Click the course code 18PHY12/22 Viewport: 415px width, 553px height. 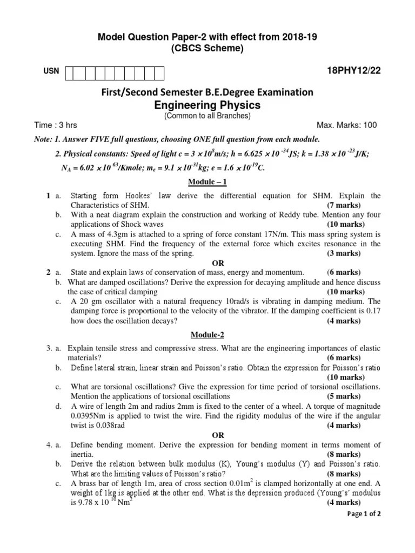click(354, 71)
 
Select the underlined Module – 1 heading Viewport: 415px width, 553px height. click(208, 182)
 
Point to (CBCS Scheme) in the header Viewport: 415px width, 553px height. click(208, 49)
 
